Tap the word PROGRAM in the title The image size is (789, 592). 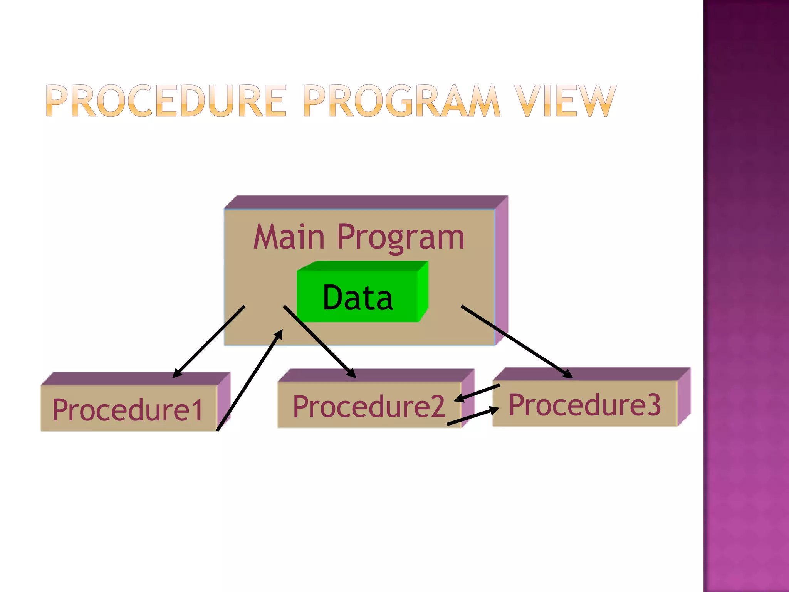(x=402, y=101)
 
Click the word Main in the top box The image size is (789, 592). (x=289, y=237)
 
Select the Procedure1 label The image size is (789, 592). (x=128, y=409)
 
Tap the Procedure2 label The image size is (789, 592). (x=369, y=406)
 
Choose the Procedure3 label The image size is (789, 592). (x=585, y=405)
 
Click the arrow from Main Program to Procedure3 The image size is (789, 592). (x=516, y=341)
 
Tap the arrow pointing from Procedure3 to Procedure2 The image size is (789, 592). (x=478, y=393)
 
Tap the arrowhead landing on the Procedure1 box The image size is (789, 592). (x=176, y=373)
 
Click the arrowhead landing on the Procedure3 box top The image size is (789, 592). (x=568, y=374)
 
